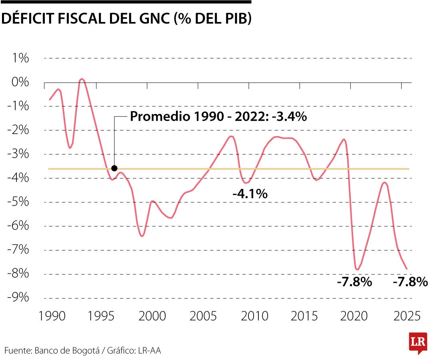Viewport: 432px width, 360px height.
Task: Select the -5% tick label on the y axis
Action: coord(18,202)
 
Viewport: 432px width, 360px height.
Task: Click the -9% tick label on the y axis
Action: coord(18,298)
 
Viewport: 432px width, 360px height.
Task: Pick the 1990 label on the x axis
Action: coord(52,316)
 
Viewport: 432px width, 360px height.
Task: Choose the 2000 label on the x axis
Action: coord(152,316)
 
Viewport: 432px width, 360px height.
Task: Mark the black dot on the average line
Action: coord(114,168)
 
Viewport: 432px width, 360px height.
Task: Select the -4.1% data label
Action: coord(250,194)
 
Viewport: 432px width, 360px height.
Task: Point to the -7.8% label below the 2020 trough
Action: coord(354,282)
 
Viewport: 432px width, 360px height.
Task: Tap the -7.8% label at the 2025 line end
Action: coord(410,282)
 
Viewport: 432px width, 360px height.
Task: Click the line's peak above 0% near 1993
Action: coord(82,79)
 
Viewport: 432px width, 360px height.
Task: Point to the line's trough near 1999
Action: coord(142,236)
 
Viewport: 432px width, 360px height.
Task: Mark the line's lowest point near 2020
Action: coord(357,270)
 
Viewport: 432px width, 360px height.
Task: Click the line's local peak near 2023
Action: coord(384,182)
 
